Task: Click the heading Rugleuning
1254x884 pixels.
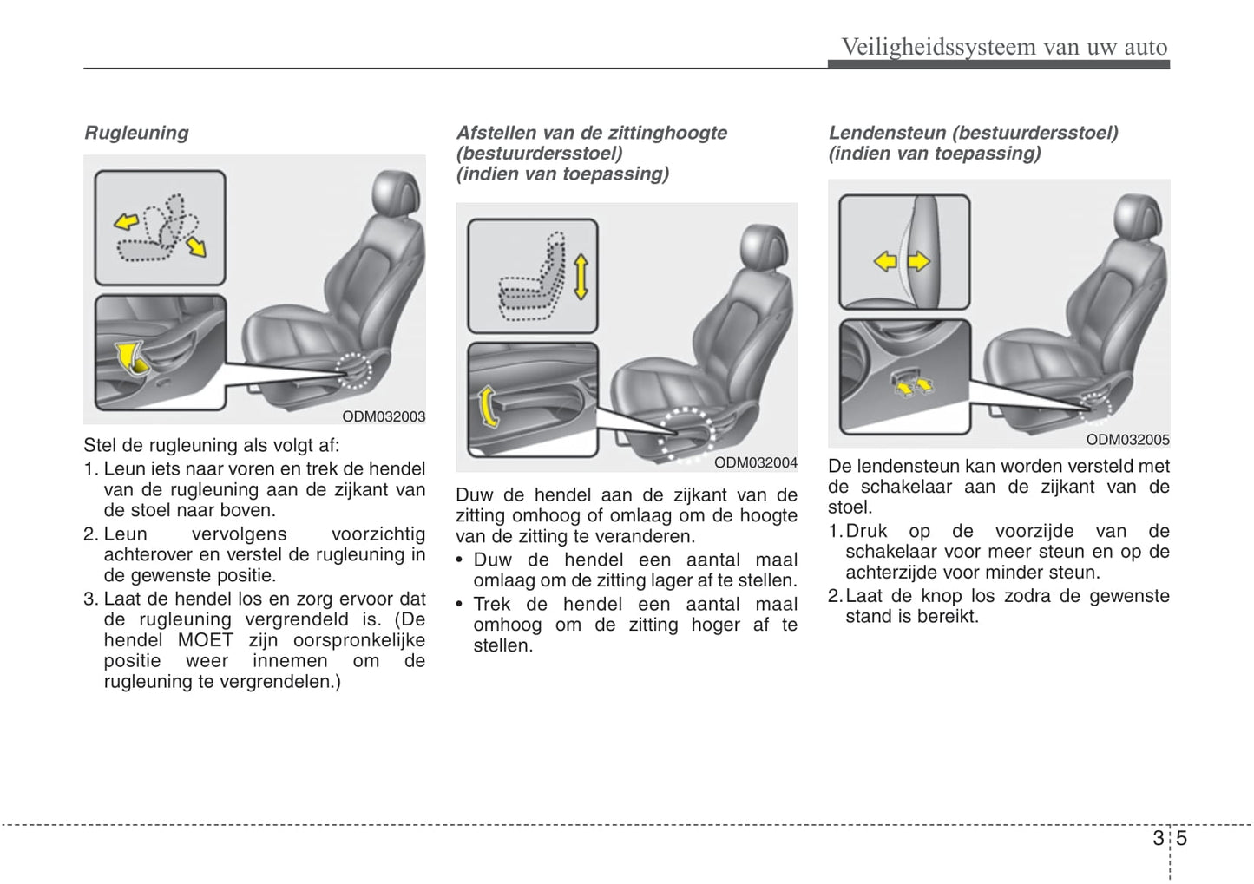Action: coord(136,133)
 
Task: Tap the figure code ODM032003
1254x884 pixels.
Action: coord(384,416)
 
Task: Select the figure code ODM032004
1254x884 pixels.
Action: coord(755,463)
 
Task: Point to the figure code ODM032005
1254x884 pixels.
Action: coord(1127,440)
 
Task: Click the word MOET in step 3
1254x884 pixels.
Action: coord(206,640)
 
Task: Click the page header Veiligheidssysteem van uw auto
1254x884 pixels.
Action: coord(1004,46)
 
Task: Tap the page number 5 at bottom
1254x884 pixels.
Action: coord(1182,838)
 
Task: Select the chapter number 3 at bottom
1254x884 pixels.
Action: coord(1159,838)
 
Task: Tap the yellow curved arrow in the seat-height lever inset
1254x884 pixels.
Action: coord(488,407)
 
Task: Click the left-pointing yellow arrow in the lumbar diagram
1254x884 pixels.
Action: coord(884,260)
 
